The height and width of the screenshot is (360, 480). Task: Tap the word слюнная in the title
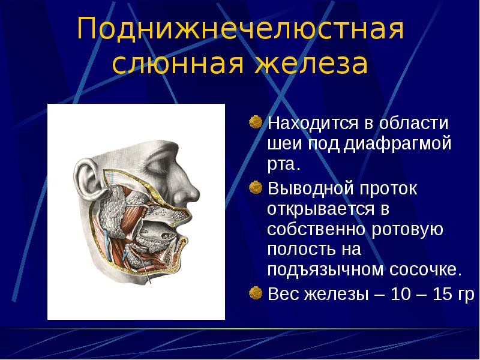point(178,64)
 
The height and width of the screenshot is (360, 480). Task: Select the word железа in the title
point(311,64)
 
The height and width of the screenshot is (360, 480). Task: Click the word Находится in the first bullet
point(313,124)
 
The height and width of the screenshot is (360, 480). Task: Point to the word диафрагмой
point(397,143)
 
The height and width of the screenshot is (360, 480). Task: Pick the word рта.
point(283,165)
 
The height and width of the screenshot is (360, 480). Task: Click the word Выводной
point(310,188)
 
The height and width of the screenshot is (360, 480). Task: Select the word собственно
point(316,229)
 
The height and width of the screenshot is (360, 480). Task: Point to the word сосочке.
point(425,270)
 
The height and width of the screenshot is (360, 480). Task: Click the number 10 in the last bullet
point(401,294)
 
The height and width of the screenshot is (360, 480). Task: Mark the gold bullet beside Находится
point(256,122)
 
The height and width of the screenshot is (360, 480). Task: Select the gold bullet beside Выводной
point(256,187)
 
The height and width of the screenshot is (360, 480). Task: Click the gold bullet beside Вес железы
point(256,293)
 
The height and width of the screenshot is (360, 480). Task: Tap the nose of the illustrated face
point(187,190)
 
